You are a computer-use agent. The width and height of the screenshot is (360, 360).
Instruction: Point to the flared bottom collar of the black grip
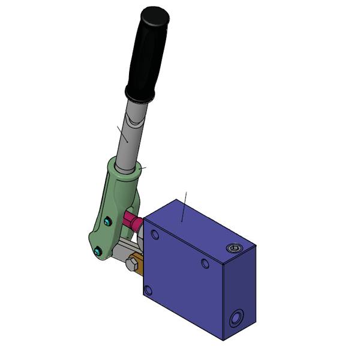(x=140, y=95)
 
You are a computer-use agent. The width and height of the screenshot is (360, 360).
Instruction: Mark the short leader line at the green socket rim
(x=143, y=167)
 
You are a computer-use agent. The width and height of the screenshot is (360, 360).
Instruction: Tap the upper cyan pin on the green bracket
(x=107, y=223)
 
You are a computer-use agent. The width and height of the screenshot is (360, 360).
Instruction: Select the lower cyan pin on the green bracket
(x=97, y=253)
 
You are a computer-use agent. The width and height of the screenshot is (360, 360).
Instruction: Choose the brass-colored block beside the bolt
(x=139, y=265)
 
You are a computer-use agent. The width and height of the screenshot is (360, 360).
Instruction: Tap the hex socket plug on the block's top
(x=234, y=248)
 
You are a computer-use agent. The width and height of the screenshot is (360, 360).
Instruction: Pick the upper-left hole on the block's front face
(x=155, y=233)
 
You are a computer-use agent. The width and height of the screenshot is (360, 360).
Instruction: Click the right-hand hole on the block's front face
(x=205, y=263)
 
